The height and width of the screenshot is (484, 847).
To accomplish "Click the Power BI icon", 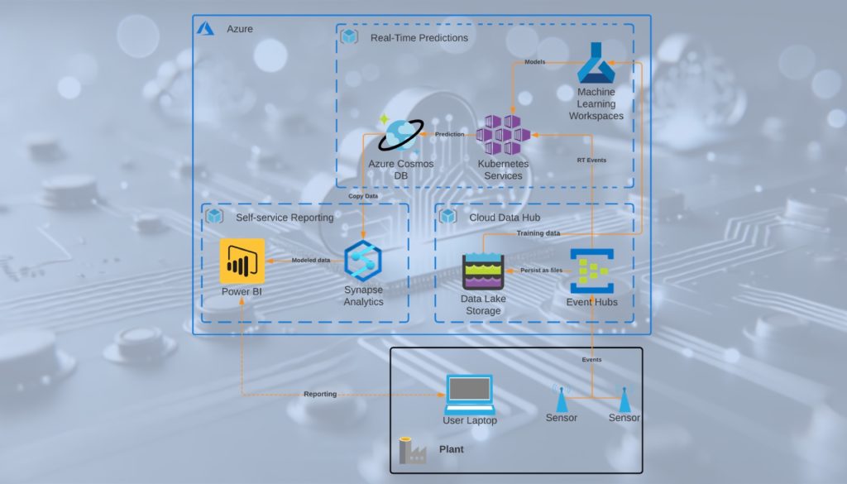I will pyautogui.click(x=242, y=261).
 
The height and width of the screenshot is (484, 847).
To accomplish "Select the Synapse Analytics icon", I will pyautogui.click(x=363, y=261).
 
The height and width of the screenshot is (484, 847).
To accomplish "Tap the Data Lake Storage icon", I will pyautogui.click(x=483, y=271).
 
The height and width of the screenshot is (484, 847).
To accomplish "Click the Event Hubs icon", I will pyautogui.click(x=591, y=270).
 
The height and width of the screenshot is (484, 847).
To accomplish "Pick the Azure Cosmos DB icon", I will pyautogui.click(x=400, y=135).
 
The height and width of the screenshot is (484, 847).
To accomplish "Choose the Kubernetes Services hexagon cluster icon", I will pyautogui.click(x=503, y=135).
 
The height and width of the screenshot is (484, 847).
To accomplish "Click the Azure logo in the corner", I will pyautogui.click(x=205, y=29).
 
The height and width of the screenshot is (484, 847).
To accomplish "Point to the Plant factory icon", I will pyautogui.click(x=411, y=450).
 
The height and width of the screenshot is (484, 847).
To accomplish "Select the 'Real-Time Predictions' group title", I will pyautogui.click(x=419, y=37).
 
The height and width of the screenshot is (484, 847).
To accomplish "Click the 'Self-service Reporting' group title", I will pyautogui.click(x=285, y=218).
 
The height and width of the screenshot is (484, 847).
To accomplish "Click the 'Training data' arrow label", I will pyautogui.click(x=538, y=233).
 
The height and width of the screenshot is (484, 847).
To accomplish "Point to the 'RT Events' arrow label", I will pyautogui.click(x=591, y=160).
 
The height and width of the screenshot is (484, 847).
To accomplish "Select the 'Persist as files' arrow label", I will pyautogui.click(x=541, y=270).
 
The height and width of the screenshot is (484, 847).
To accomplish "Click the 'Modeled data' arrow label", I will pyautogui.click(x=311, y=261).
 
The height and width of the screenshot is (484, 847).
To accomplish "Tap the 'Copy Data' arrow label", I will pyautogui.click(x=363, y=196).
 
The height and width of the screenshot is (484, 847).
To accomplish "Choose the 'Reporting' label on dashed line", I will pyautogui.click(x=320, y=394).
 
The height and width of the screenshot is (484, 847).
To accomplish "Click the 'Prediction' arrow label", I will pyautogui.click(x=450, y=134).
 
